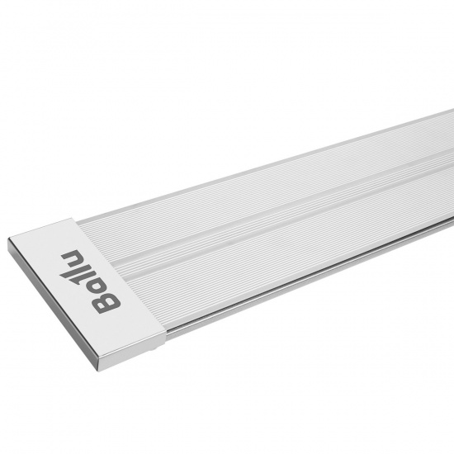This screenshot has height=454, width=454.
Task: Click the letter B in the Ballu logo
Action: pyautogui.click(x=106, y=304)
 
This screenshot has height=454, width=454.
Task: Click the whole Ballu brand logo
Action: pyautogui.click(x=90, y=281)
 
